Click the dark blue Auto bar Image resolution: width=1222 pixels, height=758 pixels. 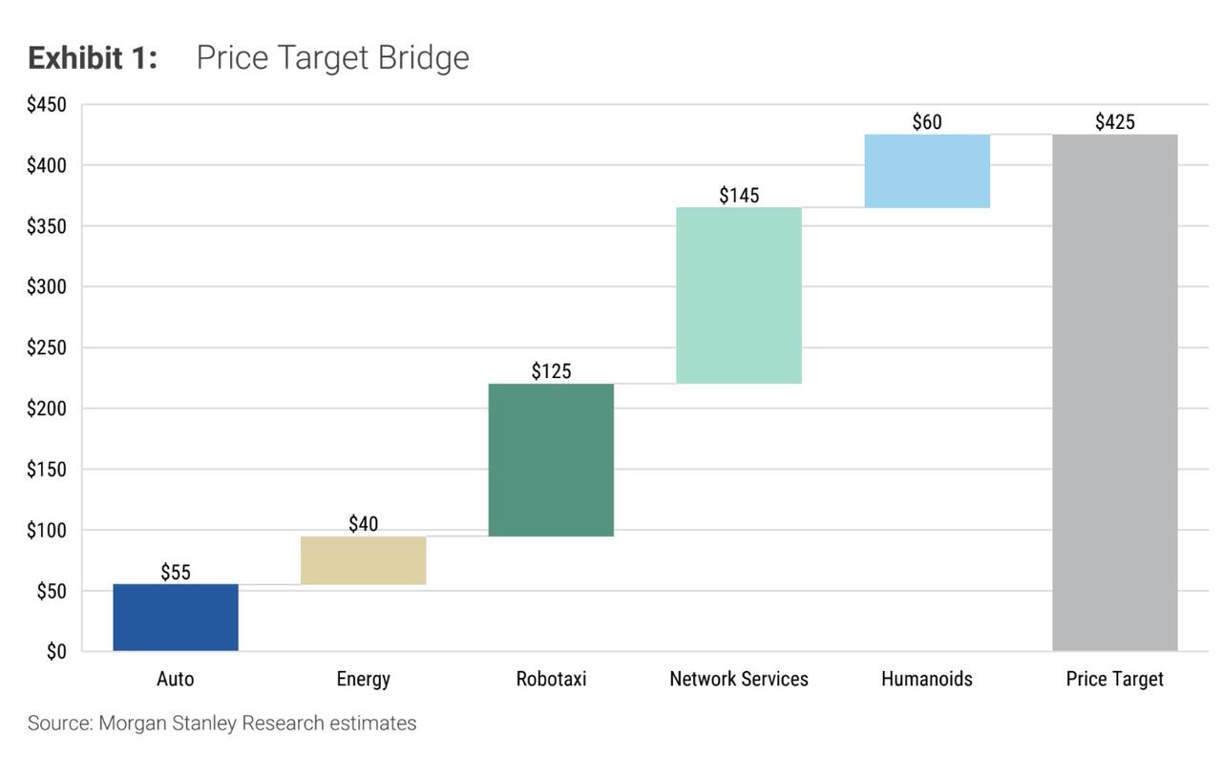tap(176, 617)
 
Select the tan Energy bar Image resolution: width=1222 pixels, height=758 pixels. tap(363, 560)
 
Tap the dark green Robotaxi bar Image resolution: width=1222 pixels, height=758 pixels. tap(551, 459)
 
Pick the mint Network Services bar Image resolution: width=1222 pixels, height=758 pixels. tap(739, 295)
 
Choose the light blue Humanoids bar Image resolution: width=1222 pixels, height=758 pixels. tap(927, 171)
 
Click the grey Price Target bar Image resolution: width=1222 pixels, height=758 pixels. tap(1115, 392)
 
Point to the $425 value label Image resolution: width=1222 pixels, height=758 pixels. tap(1115, 122)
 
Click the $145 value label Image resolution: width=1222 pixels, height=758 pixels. tap(739, 196)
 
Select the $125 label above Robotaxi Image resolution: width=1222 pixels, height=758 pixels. tap(551, 371)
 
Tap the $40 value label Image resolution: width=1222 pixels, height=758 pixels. tap(363, 524)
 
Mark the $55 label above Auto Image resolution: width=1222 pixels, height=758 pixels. tap(176, 573)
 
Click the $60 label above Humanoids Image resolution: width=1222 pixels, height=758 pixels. tap(927, 122)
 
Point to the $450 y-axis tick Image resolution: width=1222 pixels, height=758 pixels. tap(47, 105)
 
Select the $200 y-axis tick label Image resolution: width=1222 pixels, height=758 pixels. tap(47, 409)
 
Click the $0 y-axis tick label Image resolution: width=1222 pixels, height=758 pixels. tap(55, 652)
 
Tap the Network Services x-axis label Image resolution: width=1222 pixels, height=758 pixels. tap(739, 679)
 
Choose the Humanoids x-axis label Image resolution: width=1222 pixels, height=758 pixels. tap(927, 679)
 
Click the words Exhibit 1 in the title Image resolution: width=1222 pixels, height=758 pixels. tap(92, 58)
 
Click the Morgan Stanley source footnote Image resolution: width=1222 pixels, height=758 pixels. tap(221, 724)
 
